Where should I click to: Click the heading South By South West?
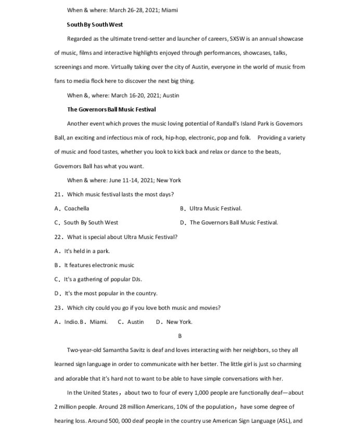click(x=95, y=24)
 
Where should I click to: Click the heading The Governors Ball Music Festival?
click(x=111, y=109)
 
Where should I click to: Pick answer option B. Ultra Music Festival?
click(x=211, y=208)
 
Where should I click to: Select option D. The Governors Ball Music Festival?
click(x=229, y=222)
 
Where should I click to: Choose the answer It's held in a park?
click(x=83, y=251)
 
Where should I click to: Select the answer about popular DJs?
click(x=98, y=279)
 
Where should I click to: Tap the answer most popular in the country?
click(x=106, y=293)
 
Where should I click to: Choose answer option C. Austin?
click(x=131, y=322)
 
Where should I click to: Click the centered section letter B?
click(x=180, y=336)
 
